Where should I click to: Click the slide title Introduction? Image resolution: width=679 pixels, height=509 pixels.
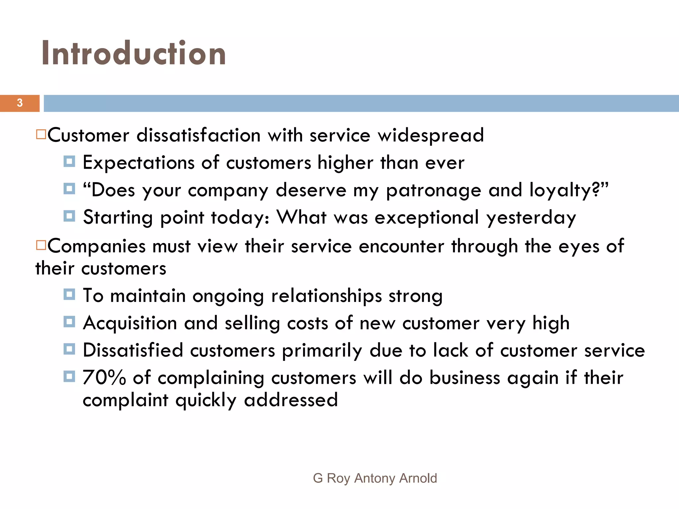coord(134,53)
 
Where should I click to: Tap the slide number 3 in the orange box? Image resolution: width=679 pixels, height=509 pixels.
coord(20,103)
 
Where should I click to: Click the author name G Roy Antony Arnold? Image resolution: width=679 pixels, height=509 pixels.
coord(375,478)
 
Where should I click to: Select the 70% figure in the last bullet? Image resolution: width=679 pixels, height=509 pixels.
coord(104,377)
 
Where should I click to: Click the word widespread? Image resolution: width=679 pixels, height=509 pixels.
coord(431,135)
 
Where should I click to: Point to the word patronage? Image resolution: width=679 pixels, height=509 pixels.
coord(434,191)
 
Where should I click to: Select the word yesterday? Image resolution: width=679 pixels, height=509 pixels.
coord(531,218)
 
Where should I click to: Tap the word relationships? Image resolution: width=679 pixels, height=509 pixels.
coord(327,296)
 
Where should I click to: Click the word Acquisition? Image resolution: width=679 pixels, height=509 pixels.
coord(130,323)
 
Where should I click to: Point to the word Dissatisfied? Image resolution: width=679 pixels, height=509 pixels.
coord(133,350)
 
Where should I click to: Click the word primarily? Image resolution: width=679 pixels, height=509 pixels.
coord(322,350)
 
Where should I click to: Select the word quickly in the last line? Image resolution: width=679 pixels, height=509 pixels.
coord(206,400)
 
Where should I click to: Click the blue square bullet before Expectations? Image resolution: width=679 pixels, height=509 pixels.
coord(69,162)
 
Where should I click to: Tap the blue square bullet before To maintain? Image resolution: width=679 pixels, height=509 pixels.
coord(69,294)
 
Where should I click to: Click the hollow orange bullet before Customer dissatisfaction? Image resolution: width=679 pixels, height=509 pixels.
coord(41,135)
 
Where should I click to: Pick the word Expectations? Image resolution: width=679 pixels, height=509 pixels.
coord(138,163)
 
